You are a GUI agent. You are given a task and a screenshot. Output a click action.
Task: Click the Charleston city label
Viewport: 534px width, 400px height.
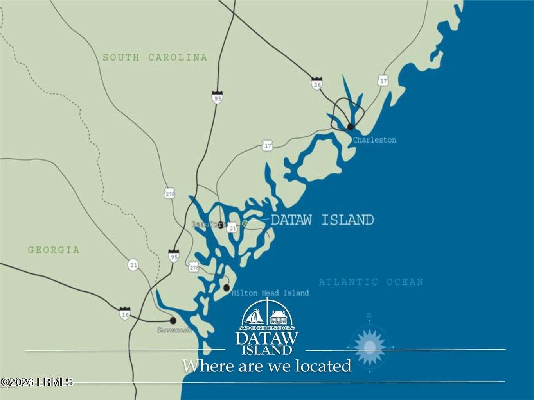374,140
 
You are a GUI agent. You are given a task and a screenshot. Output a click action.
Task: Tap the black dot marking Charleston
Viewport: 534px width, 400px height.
351,126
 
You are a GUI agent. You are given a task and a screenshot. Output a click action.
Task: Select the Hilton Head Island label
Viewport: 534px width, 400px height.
270,293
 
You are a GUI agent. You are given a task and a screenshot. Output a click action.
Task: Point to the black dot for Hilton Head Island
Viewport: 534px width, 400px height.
226,288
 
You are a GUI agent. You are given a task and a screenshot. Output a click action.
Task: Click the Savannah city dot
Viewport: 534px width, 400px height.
173,320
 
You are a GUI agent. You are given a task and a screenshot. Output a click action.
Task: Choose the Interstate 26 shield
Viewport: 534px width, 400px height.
316,84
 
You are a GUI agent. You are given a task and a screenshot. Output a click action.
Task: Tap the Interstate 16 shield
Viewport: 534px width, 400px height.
125,313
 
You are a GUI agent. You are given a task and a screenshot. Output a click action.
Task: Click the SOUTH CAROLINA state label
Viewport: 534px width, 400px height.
155,57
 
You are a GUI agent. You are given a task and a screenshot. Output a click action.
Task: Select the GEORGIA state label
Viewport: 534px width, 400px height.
54,250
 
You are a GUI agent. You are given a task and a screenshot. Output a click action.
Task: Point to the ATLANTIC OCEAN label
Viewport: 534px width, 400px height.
371,282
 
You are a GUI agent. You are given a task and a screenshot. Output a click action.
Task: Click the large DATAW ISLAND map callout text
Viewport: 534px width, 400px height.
322,220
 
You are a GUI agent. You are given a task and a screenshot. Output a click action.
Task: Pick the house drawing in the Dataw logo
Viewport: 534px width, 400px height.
279,316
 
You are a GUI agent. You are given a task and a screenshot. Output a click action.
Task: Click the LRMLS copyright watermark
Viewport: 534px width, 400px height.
37,382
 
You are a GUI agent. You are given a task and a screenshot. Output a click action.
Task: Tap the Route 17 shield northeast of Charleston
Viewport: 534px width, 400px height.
383,81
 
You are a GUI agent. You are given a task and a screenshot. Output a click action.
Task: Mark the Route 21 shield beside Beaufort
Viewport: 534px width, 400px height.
232,228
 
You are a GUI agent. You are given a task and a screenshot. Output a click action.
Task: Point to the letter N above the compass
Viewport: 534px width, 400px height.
369,315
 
